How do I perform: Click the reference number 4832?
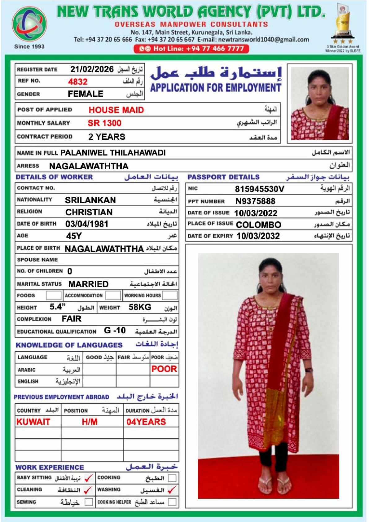coord(78,81)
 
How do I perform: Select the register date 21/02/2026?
coord(92,69)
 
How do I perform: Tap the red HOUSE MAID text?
coord(116,110)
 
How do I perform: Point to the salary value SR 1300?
coord(104,123)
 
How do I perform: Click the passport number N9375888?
coord(255,201)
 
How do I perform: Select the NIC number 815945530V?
coord(259,189)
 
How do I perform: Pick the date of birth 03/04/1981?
coord(87,224)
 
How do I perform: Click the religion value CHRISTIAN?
coord(89,212)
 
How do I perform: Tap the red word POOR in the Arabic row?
coord(164,369)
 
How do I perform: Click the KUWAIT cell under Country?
coord(33,422)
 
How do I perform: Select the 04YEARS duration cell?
coord(146,422)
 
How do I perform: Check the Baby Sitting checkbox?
coord(89,478)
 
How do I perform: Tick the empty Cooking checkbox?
coord(172,478)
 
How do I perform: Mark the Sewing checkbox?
coord(89,502)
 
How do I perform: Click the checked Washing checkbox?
coord(172,490)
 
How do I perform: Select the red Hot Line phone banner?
coord(191,49)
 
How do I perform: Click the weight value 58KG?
coord(140,307)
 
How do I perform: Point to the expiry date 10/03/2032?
coord(258,236)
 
